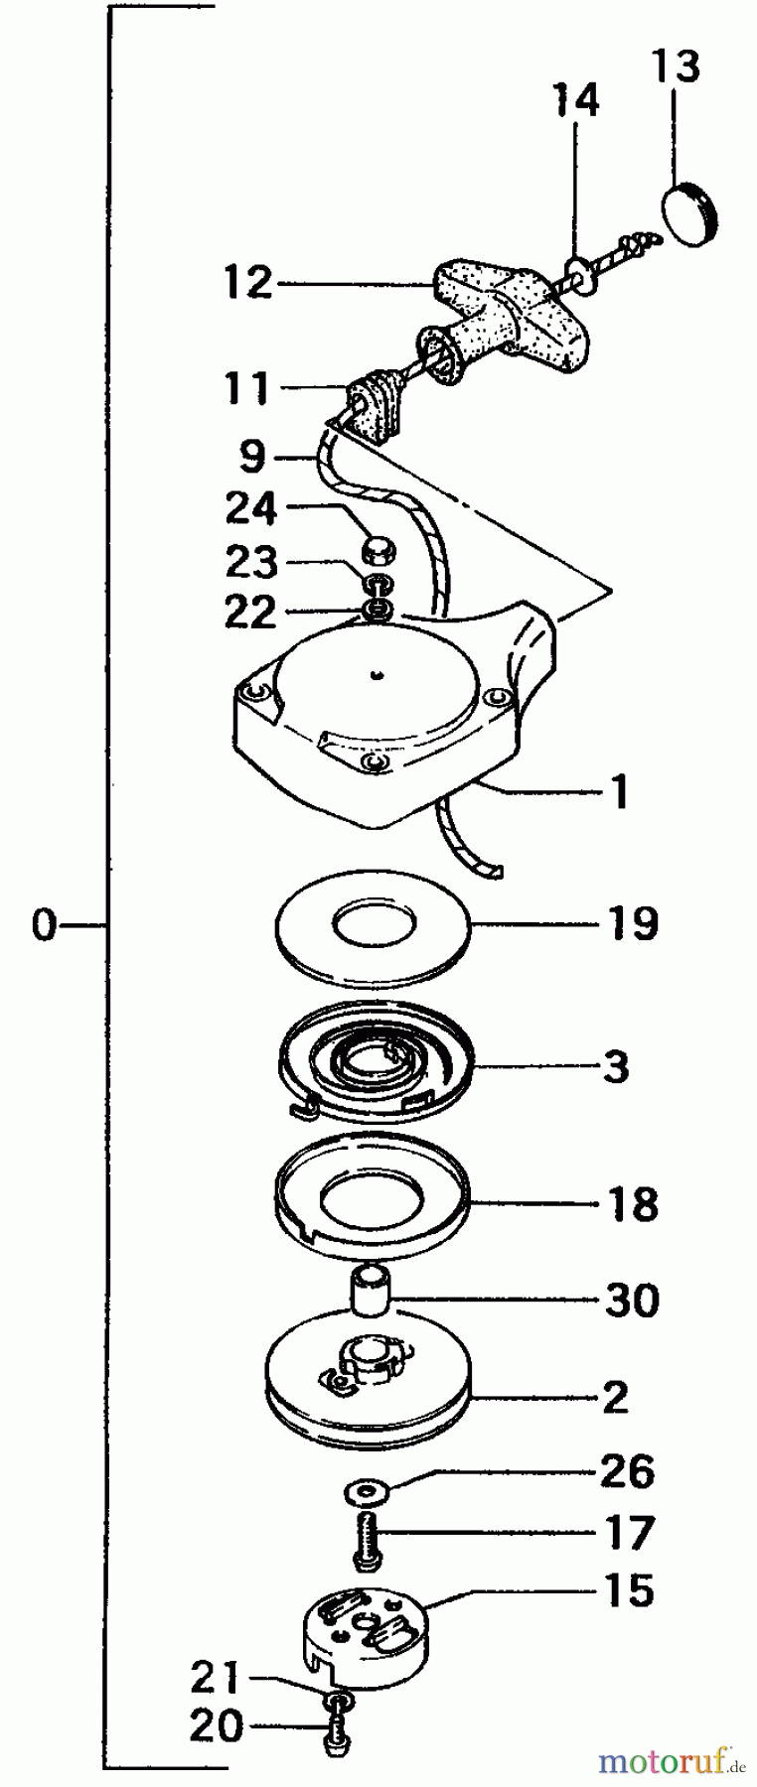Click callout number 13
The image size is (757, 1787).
[676, 68]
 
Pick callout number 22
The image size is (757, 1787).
[248, 613]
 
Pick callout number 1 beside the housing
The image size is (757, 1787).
[620, 791]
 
